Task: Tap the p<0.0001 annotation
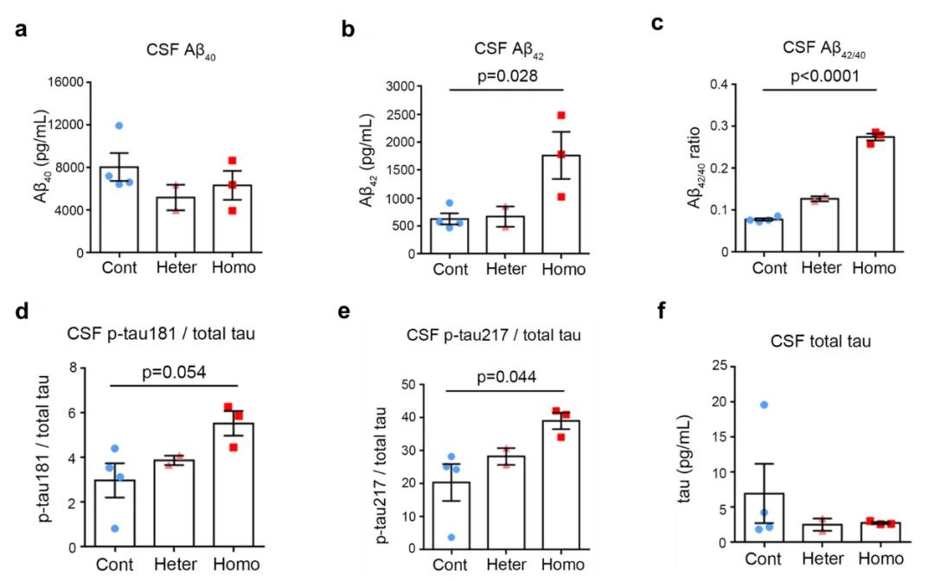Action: click(825, 76)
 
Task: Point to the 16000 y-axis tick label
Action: click(67, 82)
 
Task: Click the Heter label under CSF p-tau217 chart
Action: click(506, 564)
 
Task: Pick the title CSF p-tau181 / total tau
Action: click(161, 334)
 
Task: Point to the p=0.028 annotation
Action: click(508, 75)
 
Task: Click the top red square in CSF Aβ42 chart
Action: click(560, 115)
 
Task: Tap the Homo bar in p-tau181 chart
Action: click(233, 484)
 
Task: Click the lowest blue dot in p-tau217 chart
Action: click(451, 537)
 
